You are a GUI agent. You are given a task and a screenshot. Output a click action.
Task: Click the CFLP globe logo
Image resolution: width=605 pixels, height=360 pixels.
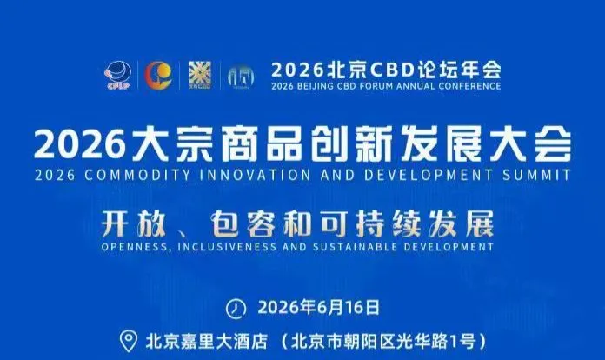pyautogui.click(x=118, y=76)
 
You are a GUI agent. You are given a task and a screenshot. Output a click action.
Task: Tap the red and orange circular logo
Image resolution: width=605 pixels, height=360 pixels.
pyautogui.click(x=158, y=76)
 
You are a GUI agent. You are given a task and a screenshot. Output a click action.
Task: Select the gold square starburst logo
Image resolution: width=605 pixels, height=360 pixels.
pyautogui.click(x=200, y=76)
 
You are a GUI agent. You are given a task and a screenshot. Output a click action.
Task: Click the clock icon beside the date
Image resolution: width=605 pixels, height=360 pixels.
pyautogui.click(x=236, y=309)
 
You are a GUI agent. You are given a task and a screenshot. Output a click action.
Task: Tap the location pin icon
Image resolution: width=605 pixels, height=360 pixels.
pyautogui.click(x=128, y=341)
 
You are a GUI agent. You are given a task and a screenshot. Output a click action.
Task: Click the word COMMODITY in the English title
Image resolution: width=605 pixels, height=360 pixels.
pyautogui.click(x=137, y=175)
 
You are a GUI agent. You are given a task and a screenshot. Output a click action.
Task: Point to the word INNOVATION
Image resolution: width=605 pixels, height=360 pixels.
pyautogui.click(x=256, y=175)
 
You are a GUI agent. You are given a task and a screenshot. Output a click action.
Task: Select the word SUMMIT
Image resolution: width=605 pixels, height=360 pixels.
pyautogui.click(x=536, y=175)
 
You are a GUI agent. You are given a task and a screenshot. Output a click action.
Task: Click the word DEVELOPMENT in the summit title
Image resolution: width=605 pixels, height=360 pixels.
pyautogui.click(x=429, y=175)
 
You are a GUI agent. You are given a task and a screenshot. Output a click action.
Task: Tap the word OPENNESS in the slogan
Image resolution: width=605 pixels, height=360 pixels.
pyautogui.click(x=134, y=247)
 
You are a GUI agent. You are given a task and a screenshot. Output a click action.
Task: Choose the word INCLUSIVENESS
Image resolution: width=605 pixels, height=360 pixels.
pyautogui.click(x=227, y=247)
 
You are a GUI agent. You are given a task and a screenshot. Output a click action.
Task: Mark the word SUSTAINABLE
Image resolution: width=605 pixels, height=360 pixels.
pyautogui.click(x=355, y=247)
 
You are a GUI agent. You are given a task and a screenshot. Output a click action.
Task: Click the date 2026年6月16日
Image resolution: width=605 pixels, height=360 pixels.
pyautogui.click(x=319, y=308)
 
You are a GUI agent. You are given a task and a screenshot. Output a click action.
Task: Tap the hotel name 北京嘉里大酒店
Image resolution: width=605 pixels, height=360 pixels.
pyautogui.click(x=206, y=342)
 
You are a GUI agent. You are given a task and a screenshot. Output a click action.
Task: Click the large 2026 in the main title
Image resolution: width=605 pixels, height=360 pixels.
pyautogui.click(x=80, y=145)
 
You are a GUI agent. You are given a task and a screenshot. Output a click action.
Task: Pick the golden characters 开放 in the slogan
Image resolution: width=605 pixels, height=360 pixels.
pyautogui.click(x=133, y=224)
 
